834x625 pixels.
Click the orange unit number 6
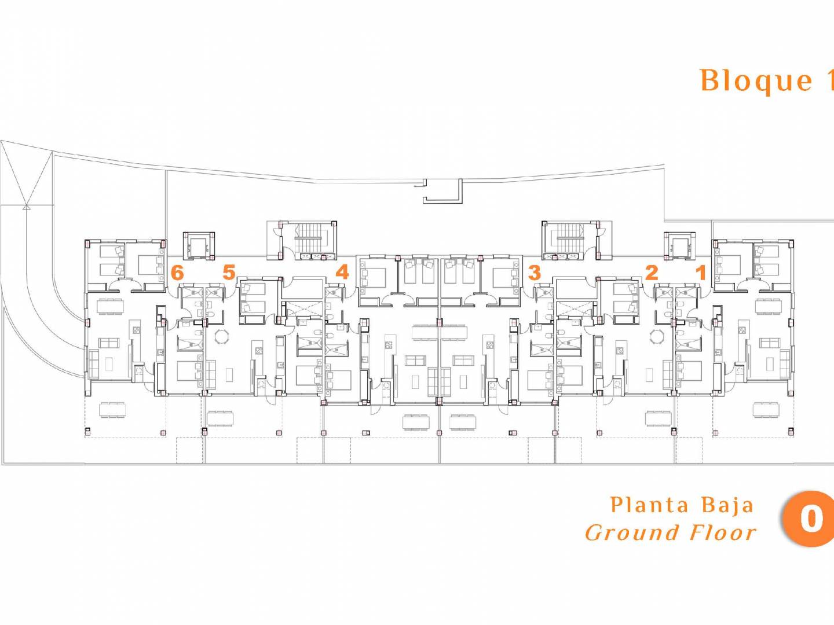click(x=177, y=272)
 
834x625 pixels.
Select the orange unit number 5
click(x=229, y=272)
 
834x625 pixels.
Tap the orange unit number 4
click(x=342, y=272)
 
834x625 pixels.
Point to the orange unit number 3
click(x=534, y=273)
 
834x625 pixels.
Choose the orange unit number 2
click(x=651, y=273)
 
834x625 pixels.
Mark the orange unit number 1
click(x=701, y=273)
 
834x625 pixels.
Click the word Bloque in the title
click(x=756, y=82)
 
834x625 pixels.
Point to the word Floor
click(x=723, y=532)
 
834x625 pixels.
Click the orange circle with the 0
click(x=809, y=519)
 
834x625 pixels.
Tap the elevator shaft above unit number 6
click(x=199, y=245)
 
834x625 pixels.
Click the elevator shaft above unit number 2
click(x=680, y=245)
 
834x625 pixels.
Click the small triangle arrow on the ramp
click(x=26, y=207)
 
